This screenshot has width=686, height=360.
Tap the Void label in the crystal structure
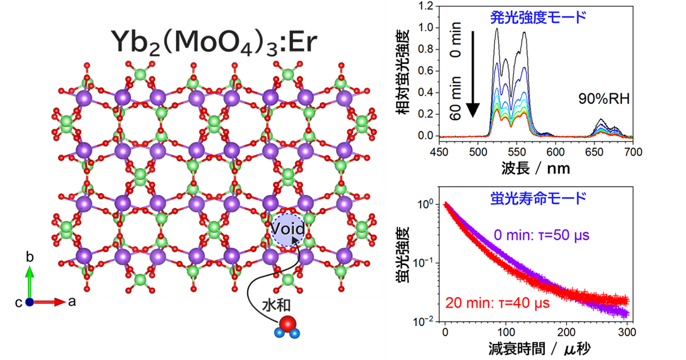289,230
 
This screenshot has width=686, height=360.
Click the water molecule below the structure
287,325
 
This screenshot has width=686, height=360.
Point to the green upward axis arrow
31,280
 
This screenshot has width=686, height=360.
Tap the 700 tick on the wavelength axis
632,152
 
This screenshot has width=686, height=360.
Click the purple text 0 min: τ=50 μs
542,235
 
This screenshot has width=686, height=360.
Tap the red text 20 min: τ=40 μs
497,302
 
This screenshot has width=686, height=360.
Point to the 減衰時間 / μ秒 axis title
537,348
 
